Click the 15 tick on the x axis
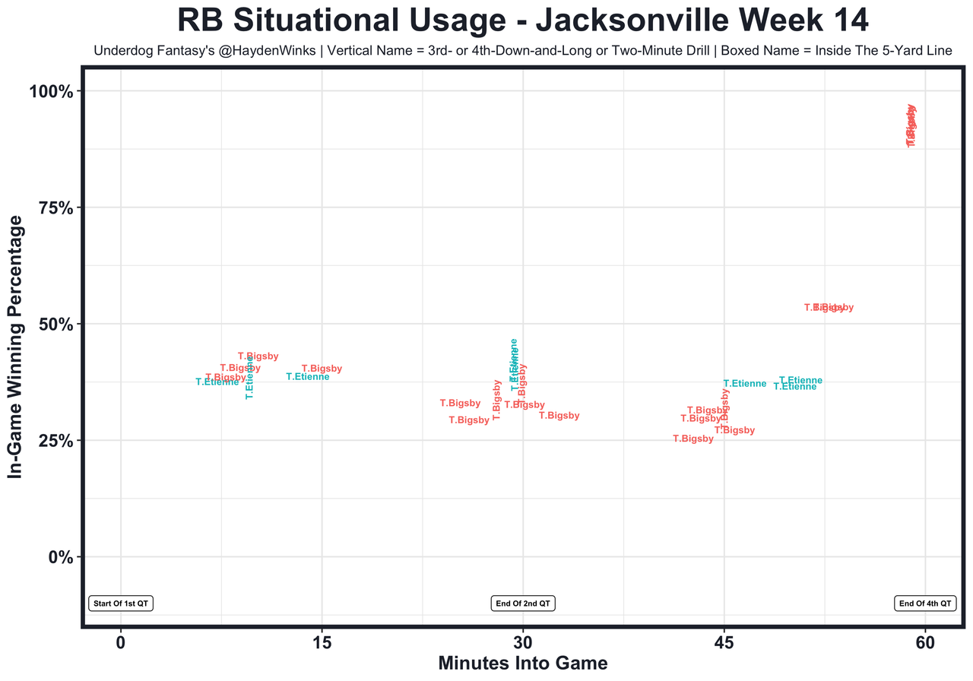click(x=322, y=643)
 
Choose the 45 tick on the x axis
click(x=724, y=643)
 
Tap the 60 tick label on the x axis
click(x=925, y=643)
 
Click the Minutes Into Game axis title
click(x=523, y=664)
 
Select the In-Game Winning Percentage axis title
click(x=15, y=346)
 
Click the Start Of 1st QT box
click(x=122, y=603)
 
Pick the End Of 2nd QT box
click(x=523, y=603)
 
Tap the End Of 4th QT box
click(x=924, y=603)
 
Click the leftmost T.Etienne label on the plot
click(x=217, y=382)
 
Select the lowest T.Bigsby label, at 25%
click(x=693, y=439)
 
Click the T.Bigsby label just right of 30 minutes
click(x=559, y=416)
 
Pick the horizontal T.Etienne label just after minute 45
click(x=745, y=384)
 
